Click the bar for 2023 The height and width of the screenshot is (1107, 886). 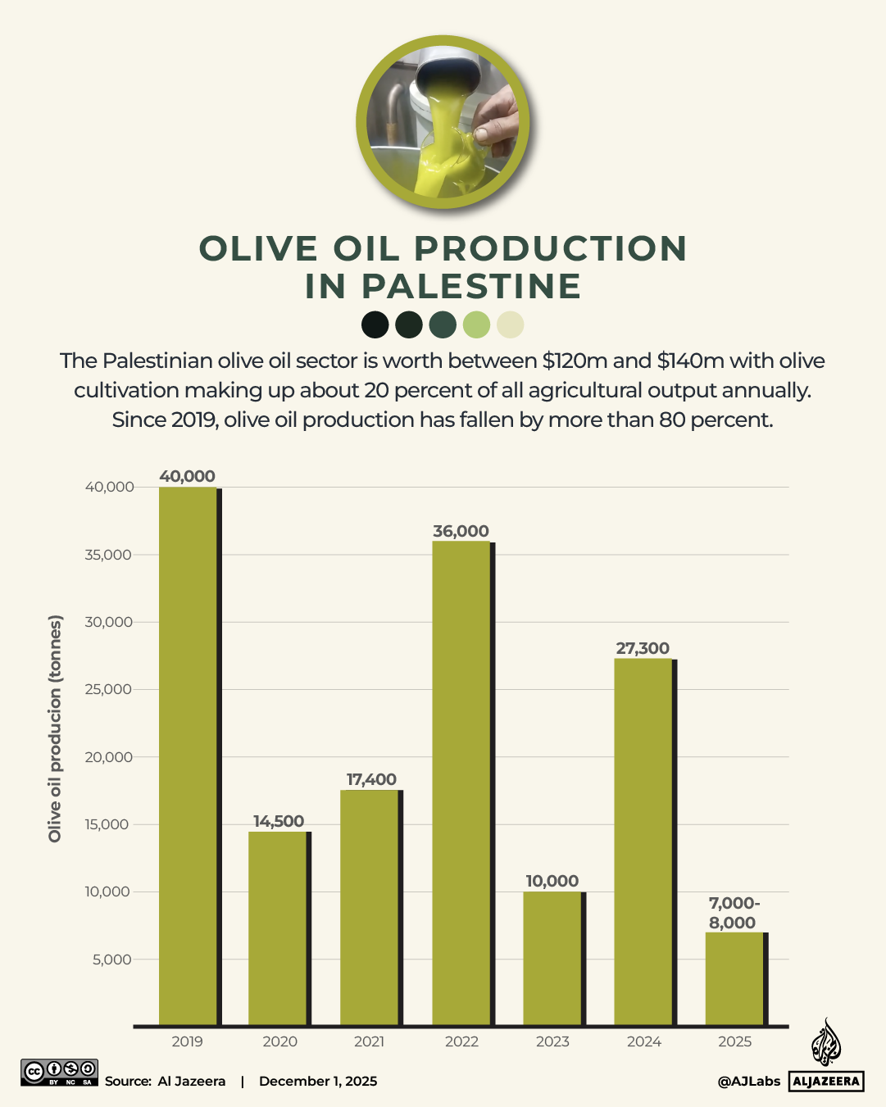pos(552,958)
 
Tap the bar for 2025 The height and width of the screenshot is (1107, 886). pos(734,978)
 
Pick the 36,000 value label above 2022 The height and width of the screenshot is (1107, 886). pos(461,531)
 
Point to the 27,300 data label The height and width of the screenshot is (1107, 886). pos(643,648)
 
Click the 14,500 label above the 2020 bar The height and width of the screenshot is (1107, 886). pos(279,821)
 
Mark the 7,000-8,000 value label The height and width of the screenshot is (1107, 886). pos(734,913)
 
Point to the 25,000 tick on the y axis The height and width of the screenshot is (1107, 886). pos(108,689)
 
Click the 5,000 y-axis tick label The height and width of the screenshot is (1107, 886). pos(111,960)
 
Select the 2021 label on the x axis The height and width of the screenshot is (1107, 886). pos(369,1041)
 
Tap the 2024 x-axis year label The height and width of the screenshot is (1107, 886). pos(643,1041)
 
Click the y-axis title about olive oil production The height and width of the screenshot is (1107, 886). pos(55,728)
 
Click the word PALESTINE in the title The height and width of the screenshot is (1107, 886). pos(471,287)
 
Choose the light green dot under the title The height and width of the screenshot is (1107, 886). pos(476,324)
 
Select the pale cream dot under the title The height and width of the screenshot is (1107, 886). pos(510,324)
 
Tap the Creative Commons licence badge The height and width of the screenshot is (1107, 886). pos(59,1073)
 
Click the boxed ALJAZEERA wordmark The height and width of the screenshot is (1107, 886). pos(826,1081)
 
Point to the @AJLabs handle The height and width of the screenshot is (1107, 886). pos(748,1081)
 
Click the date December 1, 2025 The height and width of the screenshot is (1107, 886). pos(318,1081)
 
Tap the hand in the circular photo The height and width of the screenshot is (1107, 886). pos(496,119)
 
